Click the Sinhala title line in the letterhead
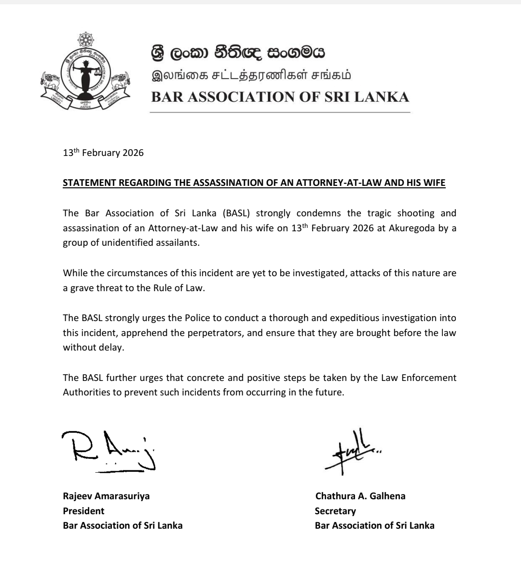238,52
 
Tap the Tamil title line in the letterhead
251,75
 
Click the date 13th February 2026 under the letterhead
103,153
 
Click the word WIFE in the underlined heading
432,183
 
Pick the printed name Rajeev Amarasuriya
106,496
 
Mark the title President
83,511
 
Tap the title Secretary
335,511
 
